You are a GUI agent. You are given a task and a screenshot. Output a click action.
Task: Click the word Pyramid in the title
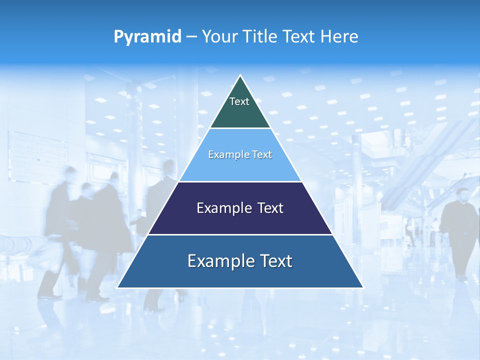click(x=147, y=37)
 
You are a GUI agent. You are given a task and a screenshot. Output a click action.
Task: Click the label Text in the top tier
click(x=239, y=101)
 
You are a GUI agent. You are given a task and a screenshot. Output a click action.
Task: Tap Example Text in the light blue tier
click(x=240, y=154)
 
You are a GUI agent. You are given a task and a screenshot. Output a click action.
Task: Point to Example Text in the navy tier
click(x=240, y=208)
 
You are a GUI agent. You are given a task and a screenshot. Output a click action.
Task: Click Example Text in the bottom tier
click(x=240, y=261)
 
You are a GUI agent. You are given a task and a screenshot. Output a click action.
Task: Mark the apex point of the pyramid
click(x=240, y=76)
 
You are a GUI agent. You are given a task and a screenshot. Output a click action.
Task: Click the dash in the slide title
click(x=191, y=37)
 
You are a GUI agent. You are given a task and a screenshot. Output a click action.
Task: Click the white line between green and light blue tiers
click(x=240, y=128)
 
